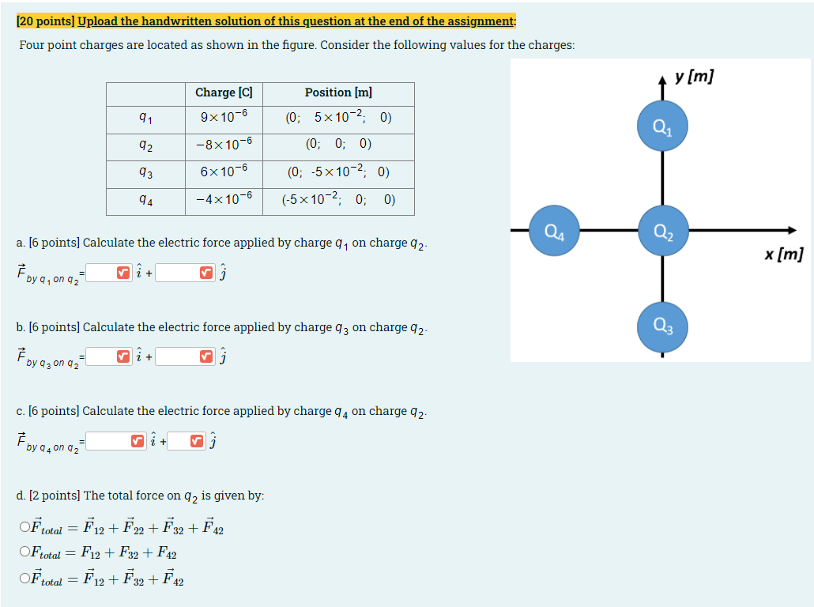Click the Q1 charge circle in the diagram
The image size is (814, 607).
click(x=662, y=126)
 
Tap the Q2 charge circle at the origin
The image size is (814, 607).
click(x=662, y=231)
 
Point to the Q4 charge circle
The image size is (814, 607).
click(x=554, y=231)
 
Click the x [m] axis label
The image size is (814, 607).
click(x=783, y=254)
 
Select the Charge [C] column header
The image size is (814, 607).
click(x=224, y=93)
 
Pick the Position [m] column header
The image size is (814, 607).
click(x=338, y=93)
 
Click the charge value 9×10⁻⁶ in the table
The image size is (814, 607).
click(x=224, y=118)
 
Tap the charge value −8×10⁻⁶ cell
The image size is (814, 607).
click(x=224, y=144)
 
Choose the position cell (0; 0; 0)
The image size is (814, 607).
click(x=338, y=144)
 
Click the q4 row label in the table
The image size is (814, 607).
click(x=145, y=200)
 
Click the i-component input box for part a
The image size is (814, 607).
click(x=101, y=273)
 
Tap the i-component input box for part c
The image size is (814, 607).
click(x=108, y=441)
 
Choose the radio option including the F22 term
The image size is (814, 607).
click(x=26, y=527)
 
